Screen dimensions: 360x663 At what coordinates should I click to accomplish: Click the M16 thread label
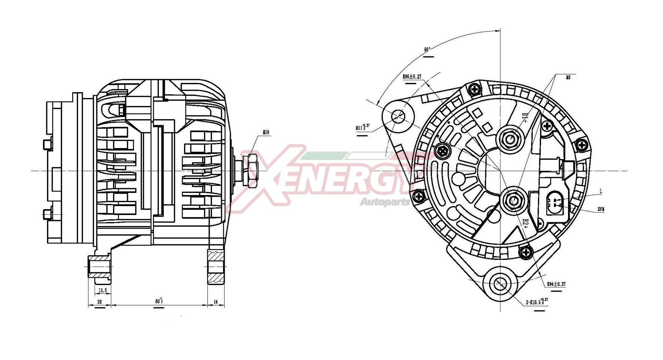(x=266, y=132)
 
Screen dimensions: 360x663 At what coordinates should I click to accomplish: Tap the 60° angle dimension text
(x=427, y=50)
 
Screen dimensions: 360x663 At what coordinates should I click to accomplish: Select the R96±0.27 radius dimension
(x=412, y=77)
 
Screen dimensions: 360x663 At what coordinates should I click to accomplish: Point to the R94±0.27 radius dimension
(x=556, y=284)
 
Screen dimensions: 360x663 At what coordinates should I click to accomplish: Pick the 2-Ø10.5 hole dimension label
(x=537, y=302)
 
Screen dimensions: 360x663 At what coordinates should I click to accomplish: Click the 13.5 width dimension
(x=103, y=291)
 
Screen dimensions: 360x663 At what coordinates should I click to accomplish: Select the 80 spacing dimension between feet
(x=159, y=301)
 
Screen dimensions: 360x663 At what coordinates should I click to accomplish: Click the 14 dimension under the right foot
(x=216, y=302)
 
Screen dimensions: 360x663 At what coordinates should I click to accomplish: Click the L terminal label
(x=601, y=191)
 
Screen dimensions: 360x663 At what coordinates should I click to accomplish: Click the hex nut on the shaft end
(x=252, y=171)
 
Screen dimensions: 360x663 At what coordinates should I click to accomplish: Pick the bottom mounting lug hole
(x=500, y=284)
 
